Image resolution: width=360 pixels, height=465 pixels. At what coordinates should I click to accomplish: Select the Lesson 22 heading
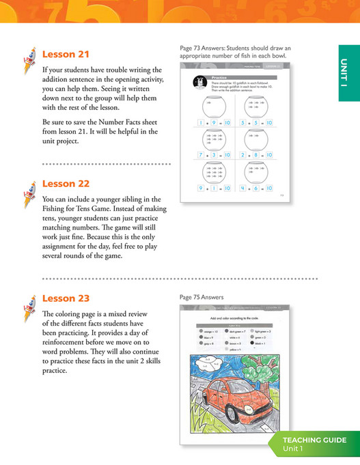tap(66, 183)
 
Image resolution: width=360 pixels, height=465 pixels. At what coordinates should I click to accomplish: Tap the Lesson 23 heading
tap(66, 298)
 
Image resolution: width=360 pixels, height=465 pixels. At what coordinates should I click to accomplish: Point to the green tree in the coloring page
tap(270, 369)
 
